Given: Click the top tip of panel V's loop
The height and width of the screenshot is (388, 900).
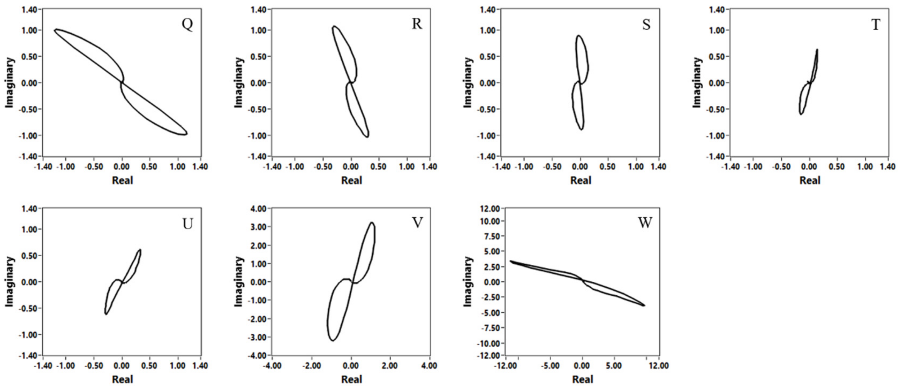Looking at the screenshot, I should click(x=372, y=223).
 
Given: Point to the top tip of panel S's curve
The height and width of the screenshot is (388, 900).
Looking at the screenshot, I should click(x=578, y=36).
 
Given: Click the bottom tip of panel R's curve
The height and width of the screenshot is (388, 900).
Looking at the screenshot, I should click(x=367, y=137).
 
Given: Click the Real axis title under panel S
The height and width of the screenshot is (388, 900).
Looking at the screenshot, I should click(x=581, y=180).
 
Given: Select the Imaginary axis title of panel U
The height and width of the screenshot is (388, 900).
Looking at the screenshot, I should click(x=9, y=282).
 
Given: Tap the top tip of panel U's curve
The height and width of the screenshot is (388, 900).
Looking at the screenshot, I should click(x=140, y=250).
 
